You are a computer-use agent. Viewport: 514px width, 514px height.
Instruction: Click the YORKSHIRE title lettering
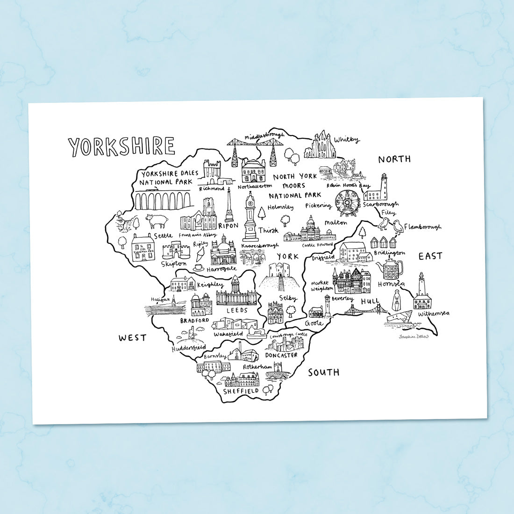coord(121,146)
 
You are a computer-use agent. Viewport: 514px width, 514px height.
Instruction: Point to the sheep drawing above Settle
coord(156,221)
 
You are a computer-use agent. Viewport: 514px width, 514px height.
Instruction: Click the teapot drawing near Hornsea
coord(391,269)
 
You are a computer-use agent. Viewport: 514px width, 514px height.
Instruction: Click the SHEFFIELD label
coord(241,391)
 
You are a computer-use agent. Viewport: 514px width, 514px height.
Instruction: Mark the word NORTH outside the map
coord(394,159)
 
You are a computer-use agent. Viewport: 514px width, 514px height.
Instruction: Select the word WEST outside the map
coord(132,337)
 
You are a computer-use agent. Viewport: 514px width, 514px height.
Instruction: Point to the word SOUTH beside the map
coord(323,372)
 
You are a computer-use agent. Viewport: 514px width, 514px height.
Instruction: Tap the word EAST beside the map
coord(430,256)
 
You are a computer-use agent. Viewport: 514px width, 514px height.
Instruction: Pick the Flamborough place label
coord(422,227)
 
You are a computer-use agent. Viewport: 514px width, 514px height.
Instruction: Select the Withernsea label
coord(433,314)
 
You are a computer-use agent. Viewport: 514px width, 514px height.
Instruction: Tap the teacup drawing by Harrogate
coord(198,268)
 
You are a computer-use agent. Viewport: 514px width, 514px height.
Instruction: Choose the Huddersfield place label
coord(188,348)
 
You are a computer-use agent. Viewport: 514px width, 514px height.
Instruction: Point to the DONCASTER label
coord(281,355)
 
